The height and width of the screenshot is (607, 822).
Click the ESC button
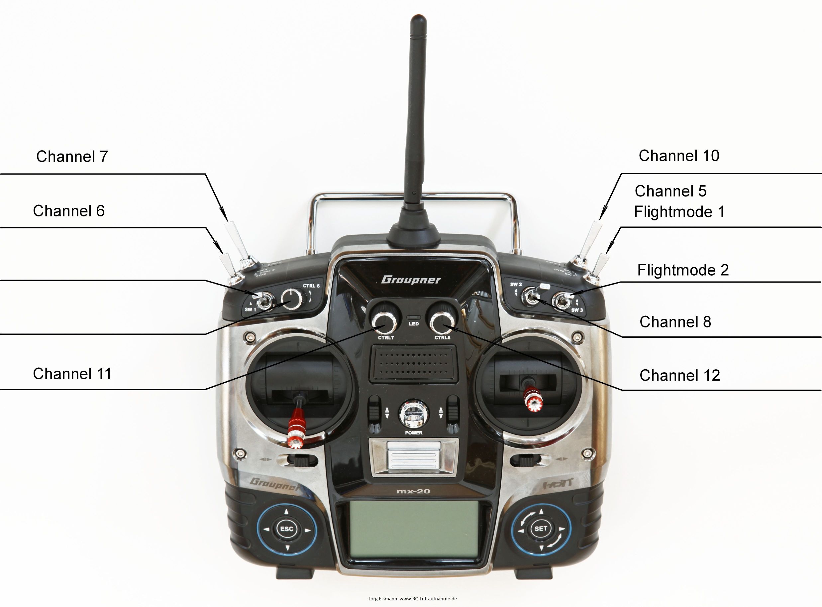286,529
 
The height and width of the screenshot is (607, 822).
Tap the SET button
541,528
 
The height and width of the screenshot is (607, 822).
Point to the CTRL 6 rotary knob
292,299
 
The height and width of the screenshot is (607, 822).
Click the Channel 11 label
72,374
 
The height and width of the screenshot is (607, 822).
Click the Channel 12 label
679,376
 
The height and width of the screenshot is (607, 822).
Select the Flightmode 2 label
683,270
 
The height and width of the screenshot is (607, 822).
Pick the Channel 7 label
72,157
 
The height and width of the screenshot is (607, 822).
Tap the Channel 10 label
679,156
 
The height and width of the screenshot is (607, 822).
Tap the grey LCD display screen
414,529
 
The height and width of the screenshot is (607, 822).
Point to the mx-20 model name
413,491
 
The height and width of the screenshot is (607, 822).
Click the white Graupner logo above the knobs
411,280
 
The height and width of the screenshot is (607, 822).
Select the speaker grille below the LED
414,363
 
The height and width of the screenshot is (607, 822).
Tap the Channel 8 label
675,322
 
